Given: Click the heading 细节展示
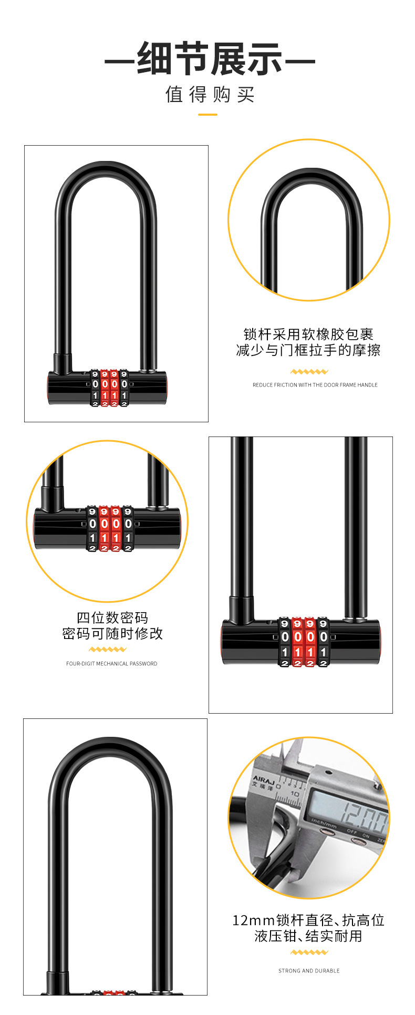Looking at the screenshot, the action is (210, 59).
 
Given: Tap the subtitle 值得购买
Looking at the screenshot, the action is (210, 95).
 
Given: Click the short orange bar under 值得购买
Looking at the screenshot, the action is (207, 114).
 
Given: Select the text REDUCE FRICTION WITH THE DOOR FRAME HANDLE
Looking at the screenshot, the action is (315, 385).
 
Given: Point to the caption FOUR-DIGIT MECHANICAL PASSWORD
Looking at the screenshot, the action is (111, 664).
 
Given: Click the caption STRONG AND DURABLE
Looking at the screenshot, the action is (309, 971).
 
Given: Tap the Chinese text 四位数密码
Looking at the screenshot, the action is (112, 617).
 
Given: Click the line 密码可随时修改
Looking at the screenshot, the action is (112, 633).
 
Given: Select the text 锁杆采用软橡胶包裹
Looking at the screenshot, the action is (308, 334).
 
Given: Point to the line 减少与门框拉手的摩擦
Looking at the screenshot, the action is (308, 350).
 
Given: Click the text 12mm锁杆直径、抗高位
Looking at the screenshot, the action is (308, 920).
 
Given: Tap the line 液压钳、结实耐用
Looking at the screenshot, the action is (308, 936).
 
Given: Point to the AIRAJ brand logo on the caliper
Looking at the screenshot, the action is (263, 779).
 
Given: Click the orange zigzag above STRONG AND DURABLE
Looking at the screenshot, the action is (309, 952).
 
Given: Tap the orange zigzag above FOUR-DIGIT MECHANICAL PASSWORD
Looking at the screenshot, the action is (108, 649).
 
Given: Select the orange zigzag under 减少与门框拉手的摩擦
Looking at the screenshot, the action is (309, 372).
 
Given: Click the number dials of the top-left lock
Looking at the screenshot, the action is (109, 388).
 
